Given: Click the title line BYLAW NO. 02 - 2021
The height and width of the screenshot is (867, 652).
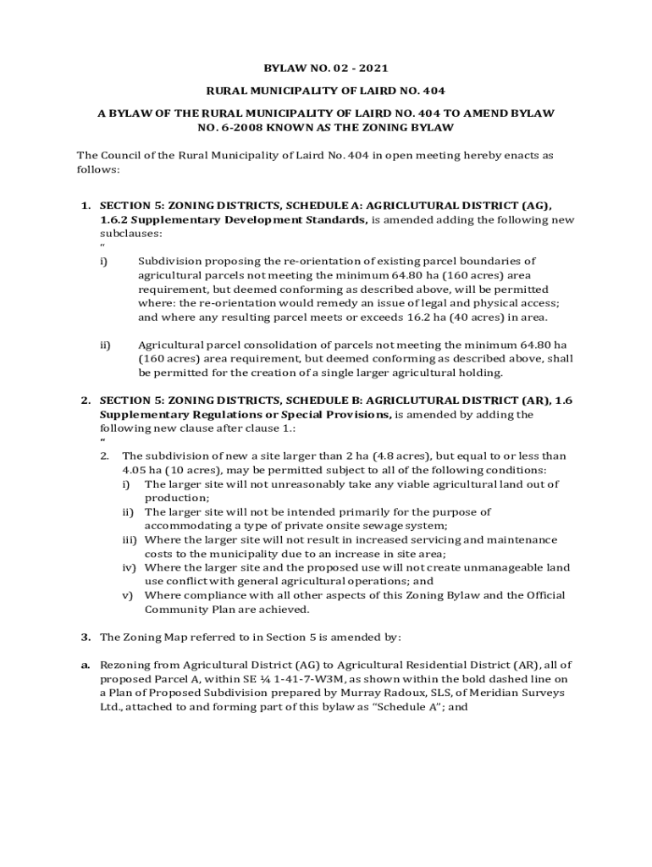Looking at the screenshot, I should (x=326, y=69).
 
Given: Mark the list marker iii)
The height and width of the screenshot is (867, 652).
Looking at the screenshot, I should (x=130, y=539).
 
